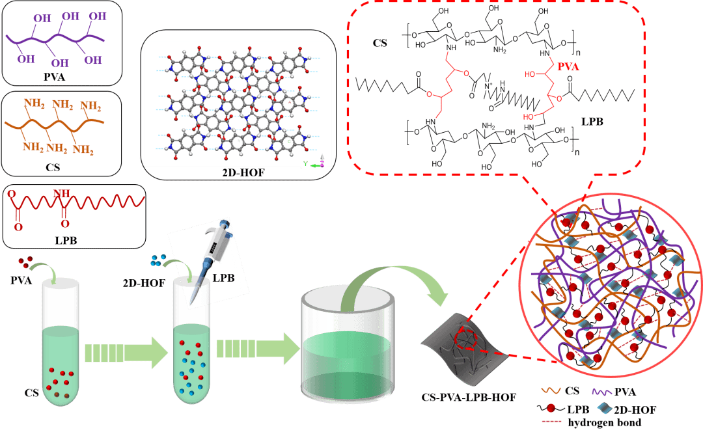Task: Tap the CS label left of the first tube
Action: pyautogui.click(x=31, y=392)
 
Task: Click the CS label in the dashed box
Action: pyautogui.click(x=380, y=42)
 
